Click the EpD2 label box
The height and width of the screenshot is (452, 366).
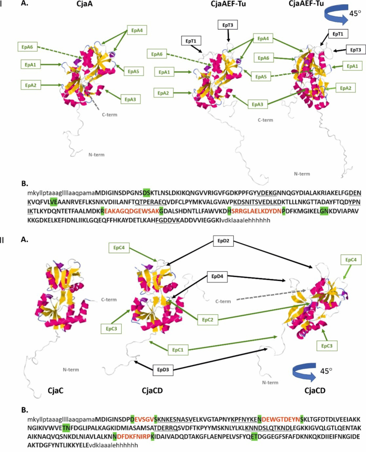click(x=224, y=240)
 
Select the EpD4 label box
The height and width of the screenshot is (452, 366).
click(x=217, y=276)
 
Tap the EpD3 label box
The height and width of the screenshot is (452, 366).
click(x=163, y=369)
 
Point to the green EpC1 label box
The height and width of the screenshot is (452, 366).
click(x=178, y=350)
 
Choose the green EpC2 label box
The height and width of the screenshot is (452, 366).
click(x=208, y=320)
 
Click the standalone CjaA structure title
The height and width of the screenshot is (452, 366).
click(x=84, y=4)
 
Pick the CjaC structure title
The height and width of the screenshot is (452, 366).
click(x=56, y=391)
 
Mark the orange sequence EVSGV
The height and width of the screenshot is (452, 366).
click(x=144, y=419)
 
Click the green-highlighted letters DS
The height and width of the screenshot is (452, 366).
click(x=147, y=193)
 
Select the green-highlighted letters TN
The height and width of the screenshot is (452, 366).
click(x=66, y=428)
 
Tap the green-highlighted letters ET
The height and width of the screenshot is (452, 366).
click(x=254, y=437)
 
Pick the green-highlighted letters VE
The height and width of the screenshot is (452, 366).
click(x=54, y=202)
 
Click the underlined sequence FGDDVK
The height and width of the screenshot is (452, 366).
click(x=168, y=221)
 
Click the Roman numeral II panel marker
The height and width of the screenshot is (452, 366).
click(x=2, y=240)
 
